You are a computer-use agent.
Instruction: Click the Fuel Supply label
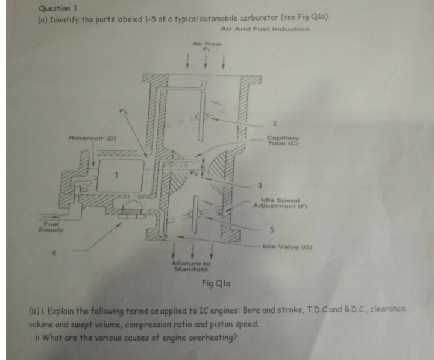49,227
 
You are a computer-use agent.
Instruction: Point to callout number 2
274,124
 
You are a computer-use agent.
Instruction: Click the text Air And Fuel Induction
265,29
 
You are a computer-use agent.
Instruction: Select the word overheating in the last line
212,337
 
